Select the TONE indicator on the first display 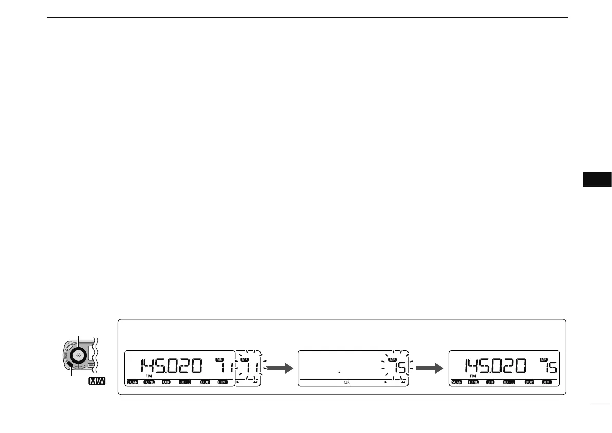click(x=149, y=383)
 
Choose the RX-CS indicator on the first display click(x=185, y=383)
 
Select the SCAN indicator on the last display click(x=457, y=383)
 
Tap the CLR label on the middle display click(x=347, y=383)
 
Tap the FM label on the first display click(x=150, y=376)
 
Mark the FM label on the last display click(x=472, y=376)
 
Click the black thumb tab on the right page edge click(x=597, y=178)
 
